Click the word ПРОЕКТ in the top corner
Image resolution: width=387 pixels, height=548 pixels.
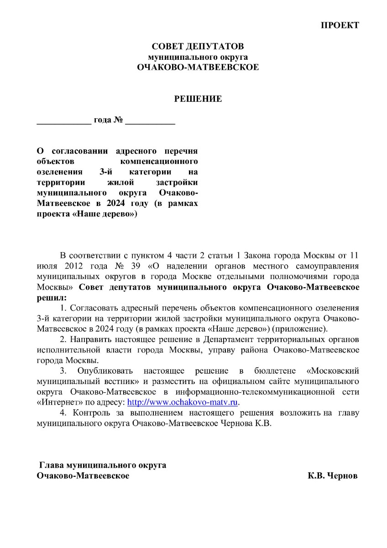tap(340, 25)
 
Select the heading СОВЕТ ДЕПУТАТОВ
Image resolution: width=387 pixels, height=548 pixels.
tap(198, 47)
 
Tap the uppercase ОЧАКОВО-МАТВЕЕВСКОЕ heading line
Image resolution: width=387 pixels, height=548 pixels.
tap(198, 67)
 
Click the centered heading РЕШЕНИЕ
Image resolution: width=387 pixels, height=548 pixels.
tap(198, 99)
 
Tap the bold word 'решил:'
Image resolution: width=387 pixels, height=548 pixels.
tap(51, 297)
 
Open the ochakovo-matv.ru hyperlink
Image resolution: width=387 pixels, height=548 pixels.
tap(183, 402)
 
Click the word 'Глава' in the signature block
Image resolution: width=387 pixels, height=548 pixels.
tap(52, 465)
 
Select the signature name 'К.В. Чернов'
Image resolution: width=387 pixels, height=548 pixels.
tap(333, 476)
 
